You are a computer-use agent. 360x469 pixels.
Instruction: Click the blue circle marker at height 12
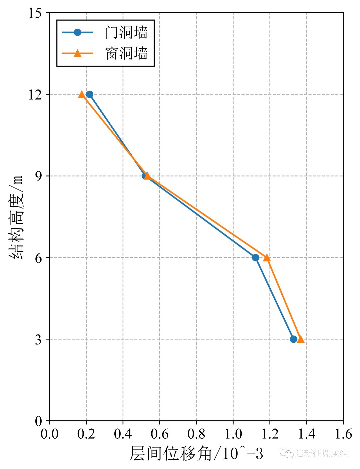coord(89,94)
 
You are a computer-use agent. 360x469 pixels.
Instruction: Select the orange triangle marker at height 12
coord(82,95)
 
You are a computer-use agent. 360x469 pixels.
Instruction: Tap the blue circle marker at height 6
coord(256,257)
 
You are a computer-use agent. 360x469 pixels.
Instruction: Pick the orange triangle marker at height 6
coord(267,258)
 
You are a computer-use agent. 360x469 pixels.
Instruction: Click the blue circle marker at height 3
coord(293,339)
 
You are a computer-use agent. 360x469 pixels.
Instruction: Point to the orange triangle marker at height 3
coord(301,339)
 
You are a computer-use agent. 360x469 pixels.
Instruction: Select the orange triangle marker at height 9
coord(147,176)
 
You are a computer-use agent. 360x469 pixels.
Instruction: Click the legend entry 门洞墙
coord(126,32)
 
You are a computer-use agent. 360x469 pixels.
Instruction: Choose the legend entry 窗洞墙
coord(126,53)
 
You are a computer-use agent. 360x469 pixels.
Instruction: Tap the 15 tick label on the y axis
coord(35,13)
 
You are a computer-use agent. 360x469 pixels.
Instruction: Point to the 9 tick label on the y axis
coord(39,176)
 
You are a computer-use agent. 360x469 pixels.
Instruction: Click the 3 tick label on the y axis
coord(39,339)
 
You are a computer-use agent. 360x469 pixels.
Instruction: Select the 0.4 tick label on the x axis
coord(123,434)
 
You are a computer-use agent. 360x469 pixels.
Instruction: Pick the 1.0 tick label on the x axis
coord(233,434)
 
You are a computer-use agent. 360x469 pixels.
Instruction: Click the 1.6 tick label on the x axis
coord(343,434)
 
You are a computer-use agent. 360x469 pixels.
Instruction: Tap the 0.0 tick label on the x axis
coord(50,434)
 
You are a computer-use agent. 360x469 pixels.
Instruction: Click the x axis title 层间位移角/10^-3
coord(196,454)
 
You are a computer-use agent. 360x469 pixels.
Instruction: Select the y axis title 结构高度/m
coord(17,217)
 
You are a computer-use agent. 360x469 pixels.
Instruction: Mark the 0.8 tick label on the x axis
coord(196,434)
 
